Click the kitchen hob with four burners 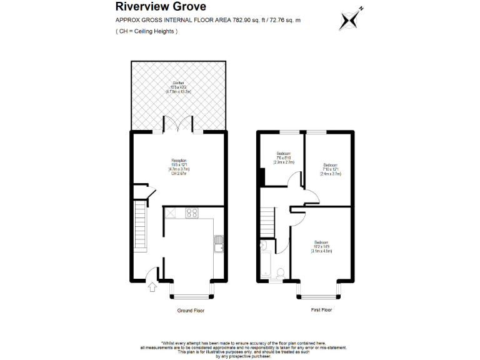192,212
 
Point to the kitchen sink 218,241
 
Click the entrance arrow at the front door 151,287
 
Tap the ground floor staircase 141,227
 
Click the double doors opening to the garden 179,125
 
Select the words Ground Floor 191,310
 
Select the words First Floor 321,310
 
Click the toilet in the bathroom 281,272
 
